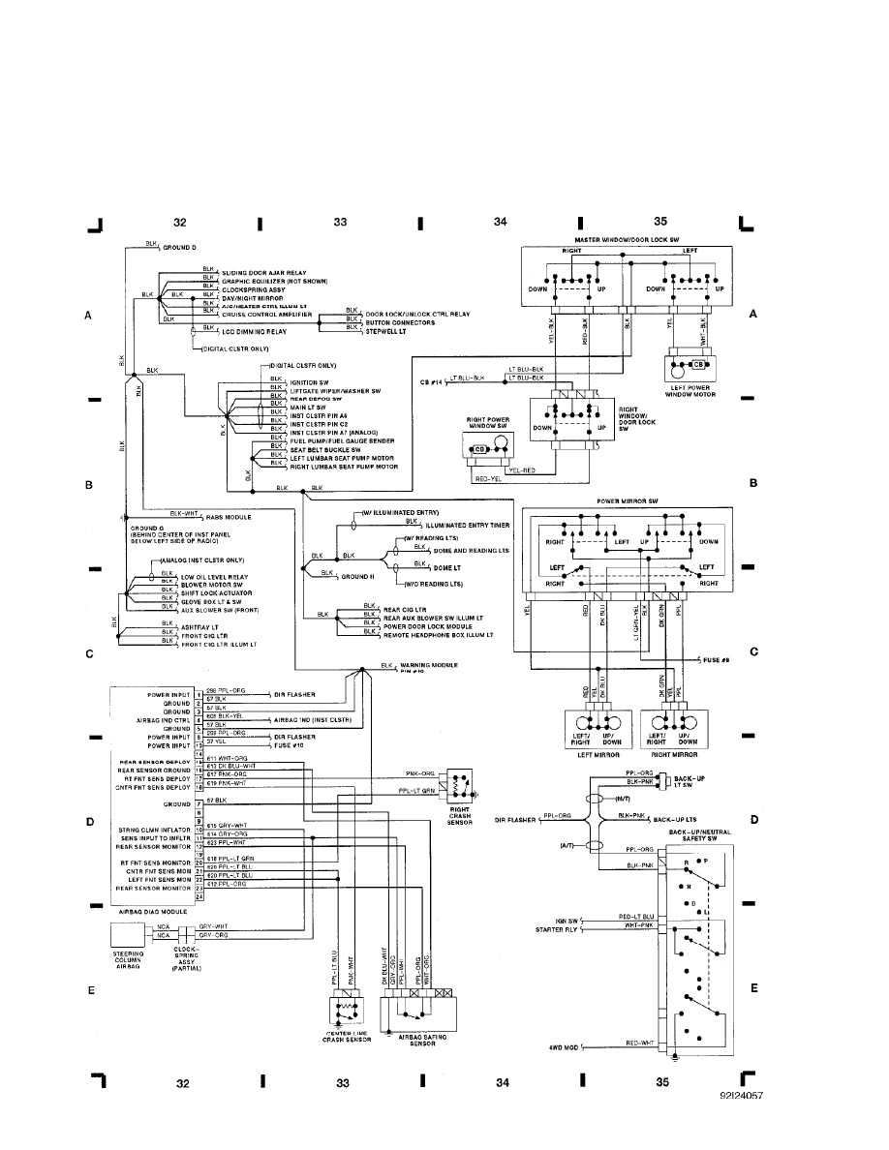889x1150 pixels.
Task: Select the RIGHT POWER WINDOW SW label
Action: click(490, 423)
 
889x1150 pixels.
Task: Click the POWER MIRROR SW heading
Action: click(630, 501)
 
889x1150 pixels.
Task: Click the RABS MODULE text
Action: click(228, 517)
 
